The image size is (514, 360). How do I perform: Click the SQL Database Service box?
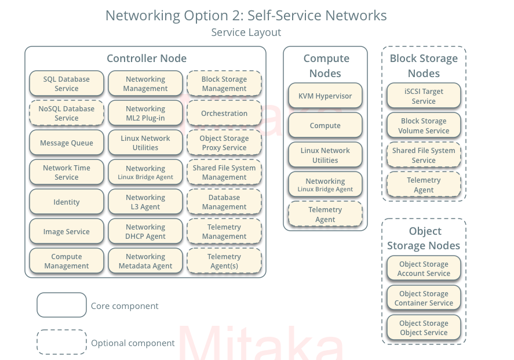click(x=67, y=83)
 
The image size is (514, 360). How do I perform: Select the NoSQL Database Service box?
click(x=67, y=113)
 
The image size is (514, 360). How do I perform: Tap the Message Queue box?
click(x=67, y=143)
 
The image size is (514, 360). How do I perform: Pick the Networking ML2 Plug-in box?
click(x=145, y=113)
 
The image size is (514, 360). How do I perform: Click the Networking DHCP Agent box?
click(x=145, y=231)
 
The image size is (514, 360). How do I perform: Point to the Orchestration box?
click(x=224, y=113)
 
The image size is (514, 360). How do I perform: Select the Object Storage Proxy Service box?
click(x=224, y=143)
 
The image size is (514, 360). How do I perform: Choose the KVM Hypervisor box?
click(x=325, y=96)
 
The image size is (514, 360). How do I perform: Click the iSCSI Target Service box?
click(x=424, y=96)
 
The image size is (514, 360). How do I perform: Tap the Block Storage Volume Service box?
click(x=424, y=125)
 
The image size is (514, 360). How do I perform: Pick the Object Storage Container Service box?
click(x=424, y=298)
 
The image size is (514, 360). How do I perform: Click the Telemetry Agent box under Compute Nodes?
click(x=325, y=214)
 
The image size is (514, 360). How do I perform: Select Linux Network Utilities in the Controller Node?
click(x=145, y=143)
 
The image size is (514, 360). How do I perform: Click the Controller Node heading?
click(x=147, y=58)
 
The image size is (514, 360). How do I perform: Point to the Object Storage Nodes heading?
click(x=424, y=238)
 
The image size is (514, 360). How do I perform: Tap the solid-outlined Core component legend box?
click(x=61, y=305)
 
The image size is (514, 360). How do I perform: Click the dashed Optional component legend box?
click(x=61, y=342)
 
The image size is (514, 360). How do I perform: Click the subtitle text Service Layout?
click(x=246, y=32)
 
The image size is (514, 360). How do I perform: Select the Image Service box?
click(x=67, y=231)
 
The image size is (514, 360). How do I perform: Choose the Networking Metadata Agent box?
click(x=145, y=261)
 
